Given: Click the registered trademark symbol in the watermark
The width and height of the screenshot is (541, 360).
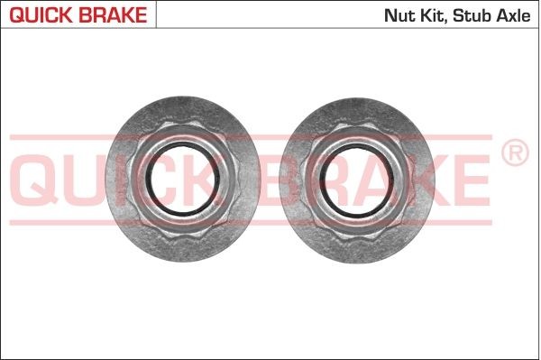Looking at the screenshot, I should tap(513, 154).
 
